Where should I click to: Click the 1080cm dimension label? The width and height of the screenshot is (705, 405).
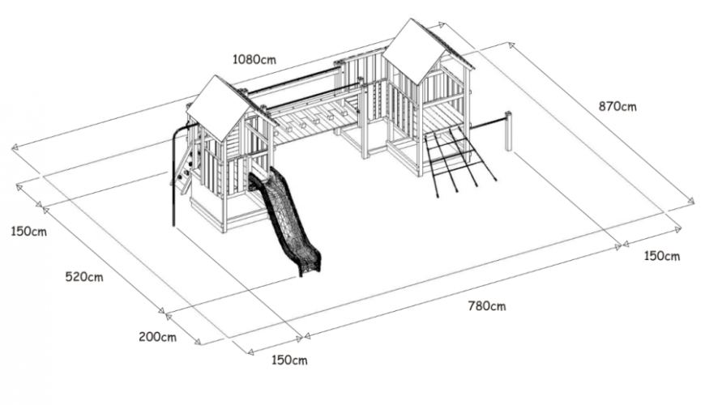pos(254,59)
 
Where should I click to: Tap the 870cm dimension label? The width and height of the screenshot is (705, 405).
pos(617,107)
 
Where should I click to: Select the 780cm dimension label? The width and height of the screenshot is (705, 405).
pos(486,306)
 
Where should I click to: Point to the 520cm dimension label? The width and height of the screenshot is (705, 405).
pos(84,276)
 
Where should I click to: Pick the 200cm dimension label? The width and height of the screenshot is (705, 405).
pos(157,336)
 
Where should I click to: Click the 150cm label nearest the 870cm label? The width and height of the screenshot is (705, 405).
pos(662,256)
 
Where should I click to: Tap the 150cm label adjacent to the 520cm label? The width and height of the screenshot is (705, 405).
pos(29,232)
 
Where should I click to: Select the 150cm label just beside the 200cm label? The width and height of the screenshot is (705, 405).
pos(289,360)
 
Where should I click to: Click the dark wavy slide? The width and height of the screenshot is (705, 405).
pos(285,220)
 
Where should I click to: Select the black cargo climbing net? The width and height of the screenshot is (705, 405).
pos(459,160)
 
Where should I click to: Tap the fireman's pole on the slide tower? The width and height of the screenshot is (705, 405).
pos(173,175)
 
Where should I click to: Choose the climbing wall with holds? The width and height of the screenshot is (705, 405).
pos(186,166)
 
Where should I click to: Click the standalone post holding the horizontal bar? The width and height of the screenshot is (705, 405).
pos(509,130)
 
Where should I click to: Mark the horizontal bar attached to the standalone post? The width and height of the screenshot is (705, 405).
pos(489,122)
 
